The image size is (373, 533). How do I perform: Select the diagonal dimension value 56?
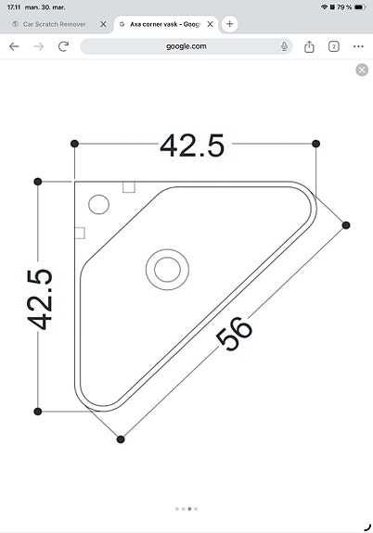(x=236, y=335)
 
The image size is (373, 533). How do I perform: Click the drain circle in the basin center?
(x=168, y=269)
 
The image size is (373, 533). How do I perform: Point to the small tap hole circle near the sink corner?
(x=97, y=203)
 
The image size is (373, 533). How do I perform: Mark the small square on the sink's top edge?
(x=129, y=186)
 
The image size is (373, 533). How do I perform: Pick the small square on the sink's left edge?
(x=80, y=232)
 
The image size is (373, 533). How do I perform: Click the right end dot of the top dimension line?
(x=317, y=144)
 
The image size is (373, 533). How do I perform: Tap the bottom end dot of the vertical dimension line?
(x=38, y=411)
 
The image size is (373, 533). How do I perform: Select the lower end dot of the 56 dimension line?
(x=120, y=439)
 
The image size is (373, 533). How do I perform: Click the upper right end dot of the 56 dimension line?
(x=346, y=224)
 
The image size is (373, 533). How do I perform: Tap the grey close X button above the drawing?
(x=362, y=70)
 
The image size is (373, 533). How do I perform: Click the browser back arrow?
(x=14, y=45)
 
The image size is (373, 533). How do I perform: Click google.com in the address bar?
(x=186, y=45)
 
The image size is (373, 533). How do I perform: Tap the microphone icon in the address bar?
(x=284, y=45)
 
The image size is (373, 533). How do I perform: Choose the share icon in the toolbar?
(x=310, y=45)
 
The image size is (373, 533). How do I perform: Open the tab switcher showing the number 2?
(x=334, y=45)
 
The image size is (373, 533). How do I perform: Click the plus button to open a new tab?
(x=229, y=23)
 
